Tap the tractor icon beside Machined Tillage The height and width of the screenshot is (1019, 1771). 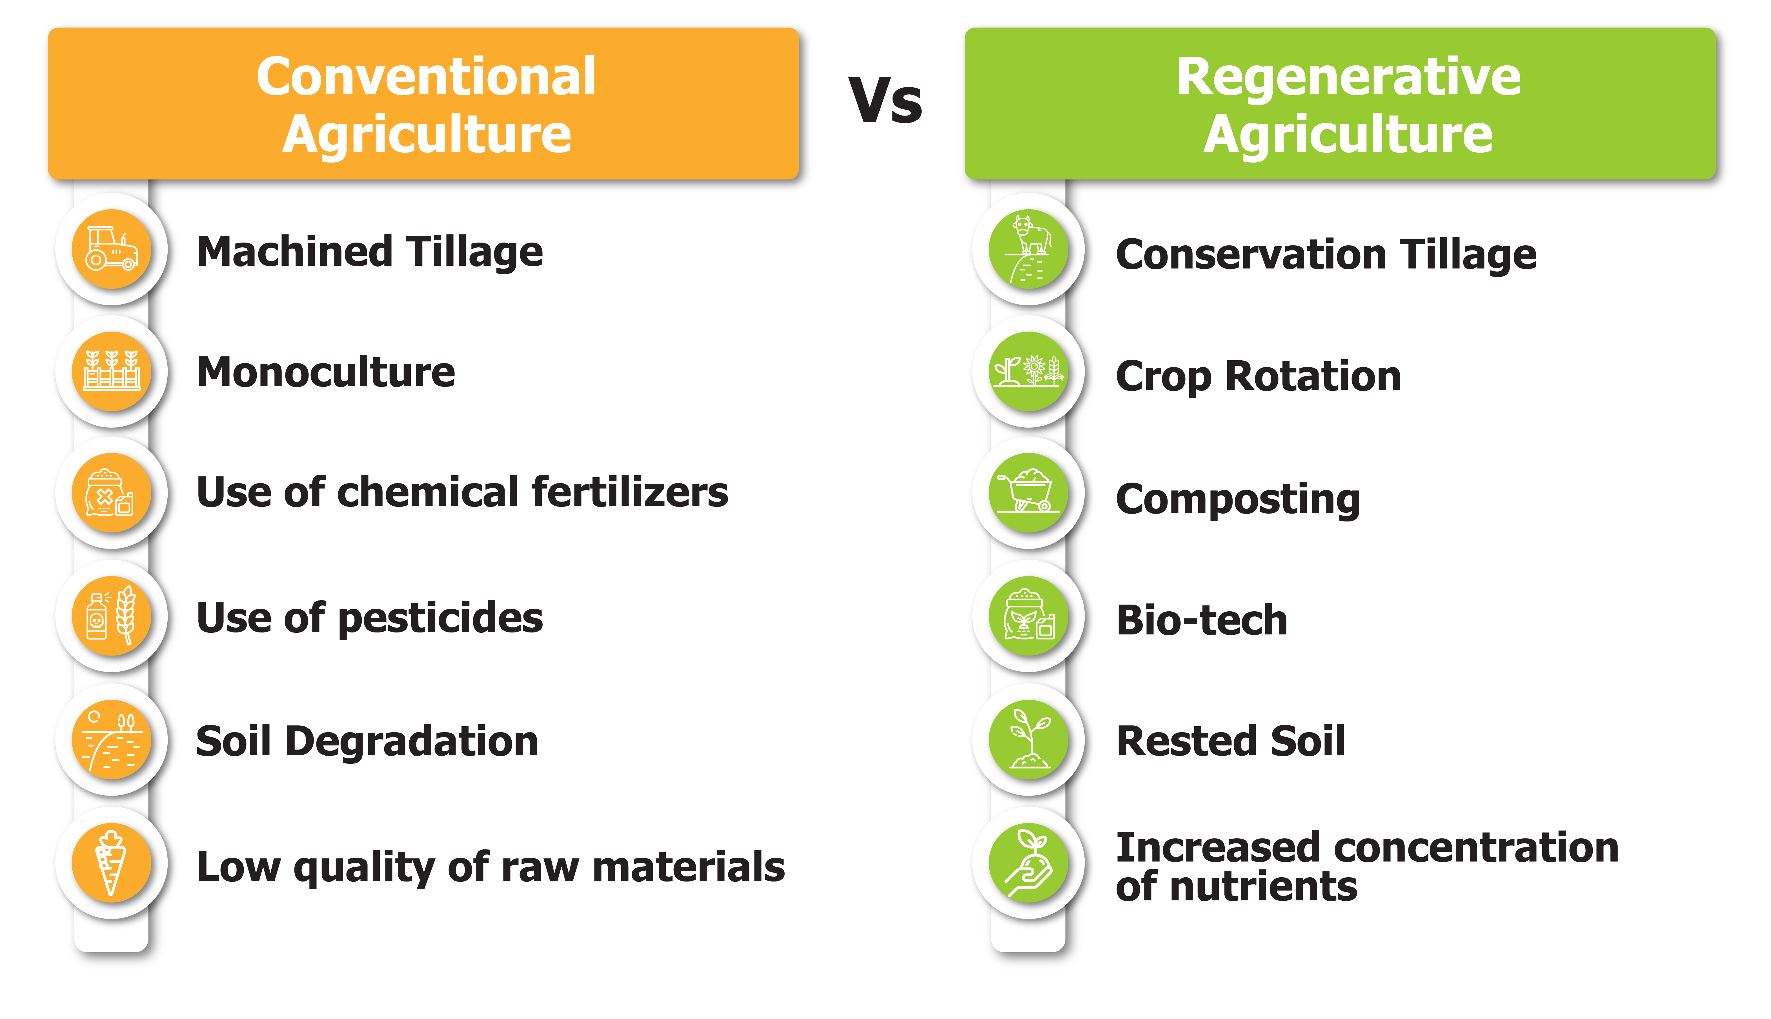click(111, 248)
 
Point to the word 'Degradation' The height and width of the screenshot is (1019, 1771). click(412, 742)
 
